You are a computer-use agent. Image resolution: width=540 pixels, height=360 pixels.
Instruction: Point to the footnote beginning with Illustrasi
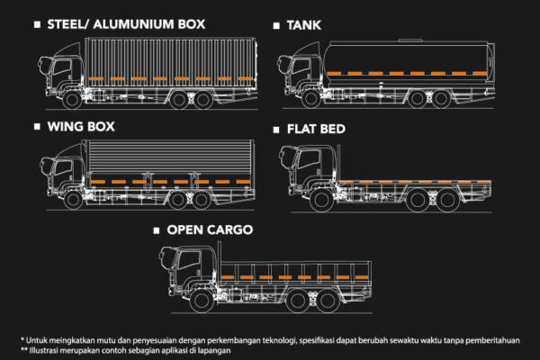coord(125,350)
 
